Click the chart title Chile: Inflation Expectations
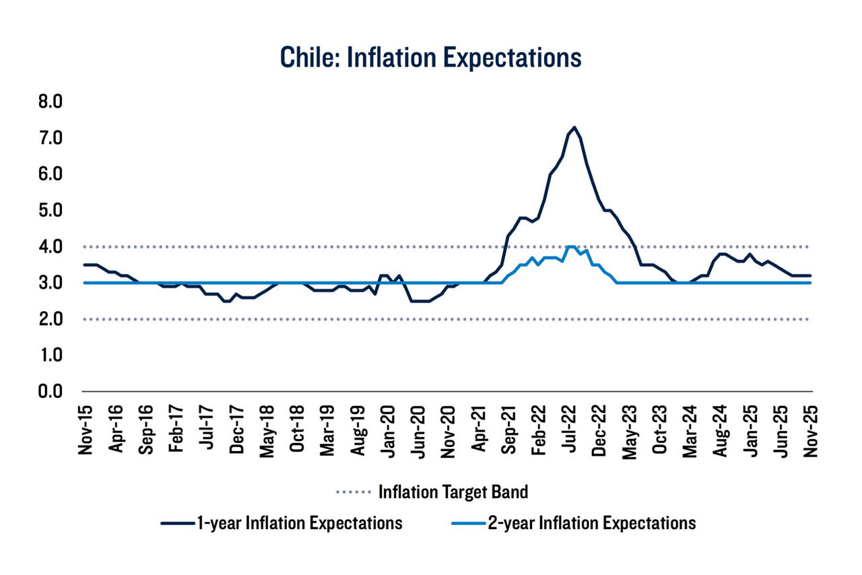(430, 57)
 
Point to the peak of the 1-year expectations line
(574, 127)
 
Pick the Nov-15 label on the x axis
(86, 430)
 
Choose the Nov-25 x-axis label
(812, 430)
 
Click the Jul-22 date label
(570, 430)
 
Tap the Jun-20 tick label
(418, 430)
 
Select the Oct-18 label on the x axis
(297, 430)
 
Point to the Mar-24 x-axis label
(691, 430)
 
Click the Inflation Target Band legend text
(453, 492)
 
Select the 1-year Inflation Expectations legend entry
(299, 523)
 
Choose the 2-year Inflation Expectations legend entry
(592, 523)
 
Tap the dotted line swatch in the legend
(354, 492)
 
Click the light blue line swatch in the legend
(468, 523)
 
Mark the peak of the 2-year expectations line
(571, 246)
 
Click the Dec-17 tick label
(236, 430)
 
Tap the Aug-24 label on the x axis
(721, 430)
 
